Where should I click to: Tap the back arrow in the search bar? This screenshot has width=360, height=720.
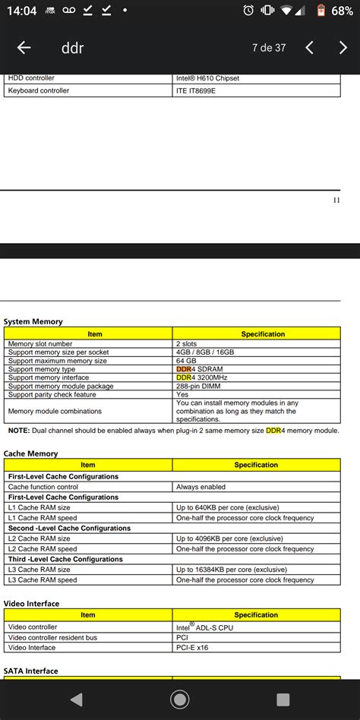pos(24,48)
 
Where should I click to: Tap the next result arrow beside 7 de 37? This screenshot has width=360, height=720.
pos(343,48)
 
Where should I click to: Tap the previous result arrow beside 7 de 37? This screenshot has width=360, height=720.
pos(309,48)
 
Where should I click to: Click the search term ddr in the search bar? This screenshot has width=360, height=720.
pos(72,48)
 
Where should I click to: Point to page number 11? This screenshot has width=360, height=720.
pos(336,201)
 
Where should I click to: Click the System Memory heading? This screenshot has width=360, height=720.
pos(33,321)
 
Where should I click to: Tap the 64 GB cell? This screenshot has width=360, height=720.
pos(186,361)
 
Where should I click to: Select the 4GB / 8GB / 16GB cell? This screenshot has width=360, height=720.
pos(205,352)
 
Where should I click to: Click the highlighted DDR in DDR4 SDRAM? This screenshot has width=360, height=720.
pos(184,369)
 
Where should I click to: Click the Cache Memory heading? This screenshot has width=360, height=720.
pos(30,453)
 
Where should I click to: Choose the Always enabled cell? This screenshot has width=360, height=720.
pos(201,487)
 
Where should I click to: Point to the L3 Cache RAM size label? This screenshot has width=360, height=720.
pos(39,570)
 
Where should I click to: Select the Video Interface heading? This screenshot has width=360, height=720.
pos(31,603)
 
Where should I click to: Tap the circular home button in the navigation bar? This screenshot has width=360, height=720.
pos(180,699)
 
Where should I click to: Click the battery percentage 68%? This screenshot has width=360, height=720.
pos(342,11)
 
